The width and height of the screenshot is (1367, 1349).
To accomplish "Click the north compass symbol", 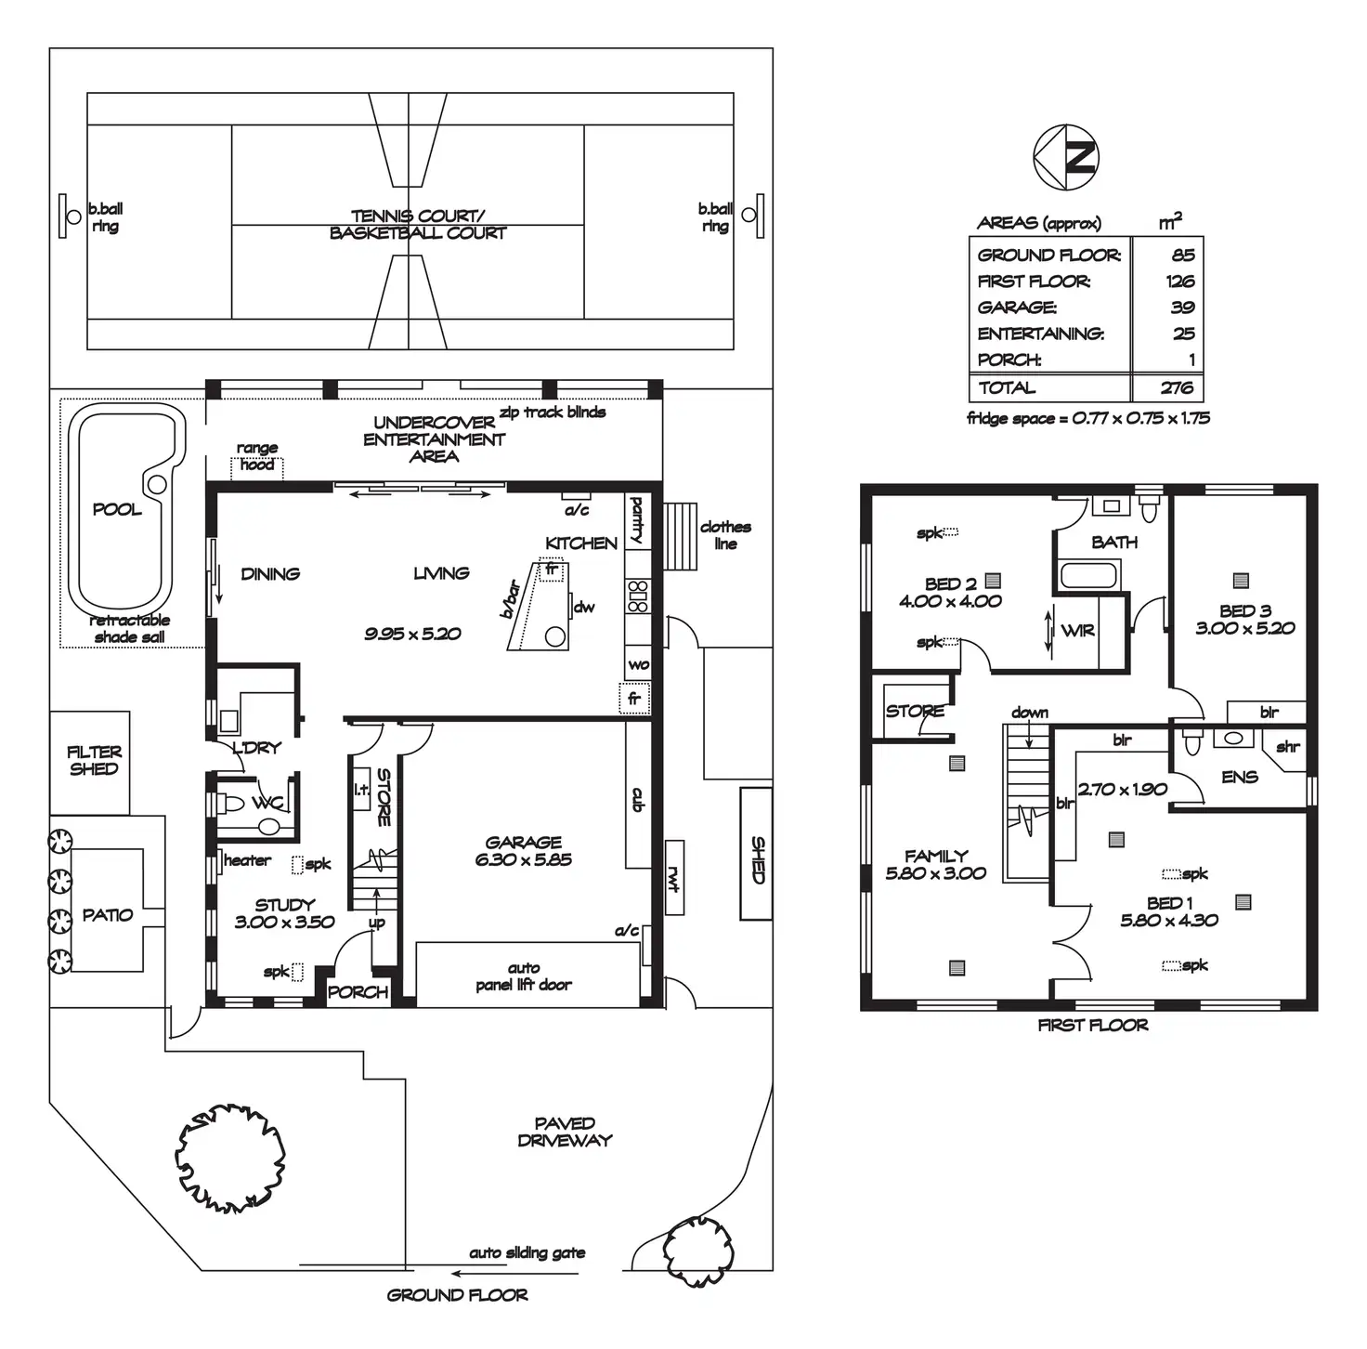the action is point(1065,158).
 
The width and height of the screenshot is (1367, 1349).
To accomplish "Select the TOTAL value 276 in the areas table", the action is point(1177,387).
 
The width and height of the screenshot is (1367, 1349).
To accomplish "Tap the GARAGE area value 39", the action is point(1183,308).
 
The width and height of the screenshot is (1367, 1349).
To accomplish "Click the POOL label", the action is point(117,509).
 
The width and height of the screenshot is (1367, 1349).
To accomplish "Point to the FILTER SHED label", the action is point(95,760).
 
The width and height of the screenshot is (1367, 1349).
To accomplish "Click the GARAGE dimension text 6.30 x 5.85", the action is point(524,859).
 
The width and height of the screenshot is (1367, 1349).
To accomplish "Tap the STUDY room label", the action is point(284,905).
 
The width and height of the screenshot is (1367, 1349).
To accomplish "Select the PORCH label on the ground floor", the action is point(358,992).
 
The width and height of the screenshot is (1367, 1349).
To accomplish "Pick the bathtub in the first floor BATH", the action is point(1089,574).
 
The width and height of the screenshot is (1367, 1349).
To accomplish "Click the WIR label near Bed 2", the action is point(1077,631).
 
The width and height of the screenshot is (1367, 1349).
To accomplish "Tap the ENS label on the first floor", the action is point(1240,777).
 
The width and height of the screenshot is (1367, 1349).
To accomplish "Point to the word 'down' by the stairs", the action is point(1029,713).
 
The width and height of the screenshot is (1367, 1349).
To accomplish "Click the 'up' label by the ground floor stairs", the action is point(377,923).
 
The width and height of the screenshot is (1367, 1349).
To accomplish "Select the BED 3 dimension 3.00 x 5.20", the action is point(1245,628).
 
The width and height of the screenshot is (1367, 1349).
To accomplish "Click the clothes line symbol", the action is point(681,536).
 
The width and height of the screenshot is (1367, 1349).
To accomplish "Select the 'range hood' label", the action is point(257,456).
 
